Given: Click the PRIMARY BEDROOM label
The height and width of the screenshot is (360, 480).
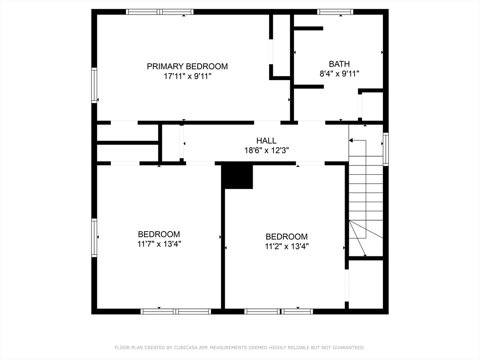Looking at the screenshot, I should (187, 67).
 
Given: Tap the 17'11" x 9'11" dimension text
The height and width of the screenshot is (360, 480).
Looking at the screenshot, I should (187, 76).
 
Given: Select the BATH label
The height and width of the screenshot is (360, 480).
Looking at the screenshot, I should (339, 64).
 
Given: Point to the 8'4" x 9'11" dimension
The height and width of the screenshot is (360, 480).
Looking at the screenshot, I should (339, 74).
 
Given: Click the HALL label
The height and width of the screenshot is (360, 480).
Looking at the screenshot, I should (266, 141).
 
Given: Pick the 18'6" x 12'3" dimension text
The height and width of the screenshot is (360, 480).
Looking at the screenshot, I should (266, 150).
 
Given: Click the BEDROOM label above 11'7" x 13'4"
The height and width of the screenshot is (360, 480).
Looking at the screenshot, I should (159, 234).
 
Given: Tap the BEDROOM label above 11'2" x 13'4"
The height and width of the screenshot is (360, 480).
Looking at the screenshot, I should (286, 237).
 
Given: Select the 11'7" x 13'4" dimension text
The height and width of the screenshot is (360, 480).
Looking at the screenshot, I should (159, 244).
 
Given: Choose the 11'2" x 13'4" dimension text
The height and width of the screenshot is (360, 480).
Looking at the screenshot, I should (286, 246).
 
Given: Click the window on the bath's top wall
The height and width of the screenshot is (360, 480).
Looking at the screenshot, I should (335, 12).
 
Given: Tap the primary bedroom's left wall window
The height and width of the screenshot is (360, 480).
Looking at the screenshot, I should (94, 85).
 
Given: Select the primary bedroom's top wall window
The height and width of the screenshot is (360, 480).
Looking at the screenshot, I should (160, 12).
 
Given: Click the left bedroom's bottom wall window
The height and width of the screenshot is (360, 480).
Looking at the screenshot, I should (176, 311).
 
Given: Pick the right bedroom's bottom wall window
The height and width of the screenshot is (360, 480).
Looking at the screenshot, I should (278, 311).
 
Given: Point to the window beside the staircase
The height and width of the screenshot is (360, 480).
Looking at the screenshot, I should (386, 149).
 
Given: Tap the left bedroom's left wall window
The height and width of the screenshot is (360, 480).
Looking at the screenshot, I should (94, 238).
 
